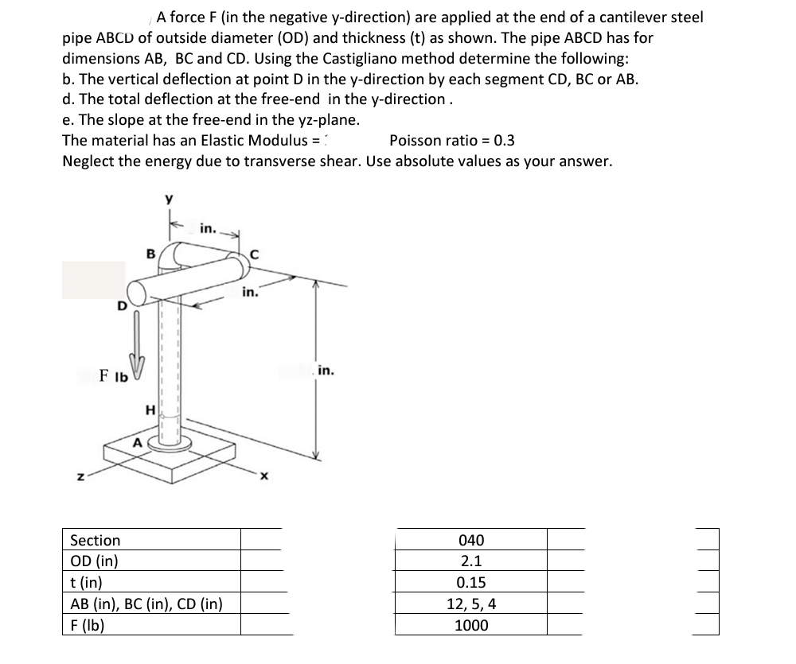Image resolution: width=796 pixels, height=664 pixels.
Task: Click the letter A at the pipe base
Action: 137,442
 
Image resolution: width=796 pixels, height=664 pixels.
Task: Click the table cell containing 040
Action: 471,541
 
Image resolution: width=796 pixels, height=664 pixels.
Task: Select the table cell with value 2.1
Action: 471,561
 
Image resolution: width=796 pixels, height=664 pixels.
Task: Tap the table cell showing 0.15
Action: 471,583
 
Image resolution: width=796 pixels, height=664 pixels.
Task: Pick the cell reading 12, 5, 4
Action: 471,604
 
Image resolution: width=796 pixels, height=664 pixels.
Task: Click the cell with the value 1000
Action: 471,626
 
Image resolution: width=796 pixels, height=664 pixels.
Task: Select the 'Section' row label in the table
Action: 96,541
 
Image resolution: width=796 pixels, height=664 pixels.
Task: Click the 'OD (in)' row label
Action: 95,561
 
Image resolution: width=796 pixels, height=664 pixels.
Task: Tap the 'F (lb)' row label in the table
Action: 88,625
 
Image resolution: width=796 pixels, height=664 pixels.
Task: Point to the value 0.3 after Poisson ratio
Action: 504,141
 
